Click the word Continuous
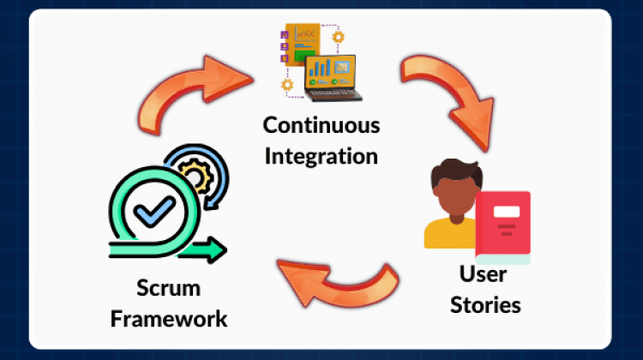[321, 126]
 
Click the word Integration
[321, 156]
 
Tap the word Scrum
[168, 288]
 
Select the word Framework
[168, 319]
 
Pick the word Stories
[484, 304]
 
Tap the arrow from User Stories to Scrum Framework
[340, 279]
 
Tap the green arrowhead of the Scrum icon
[217, 250]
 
